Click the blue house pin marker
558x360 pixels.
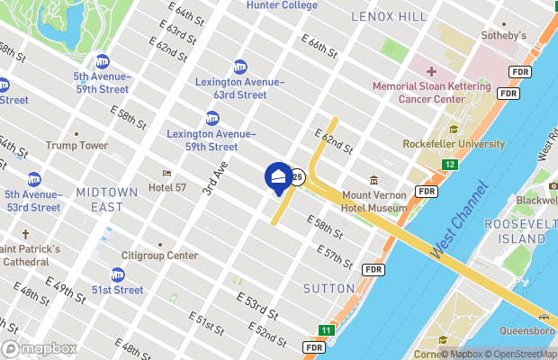coord(278,177)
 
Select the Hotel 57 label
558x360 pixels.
coord(173,187)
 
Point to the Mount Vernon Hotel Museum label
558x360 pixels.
coord(368,201)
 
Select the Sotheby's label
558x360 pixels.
coord(504,35)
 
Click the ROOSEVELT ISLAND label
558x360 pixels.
coord(514,231)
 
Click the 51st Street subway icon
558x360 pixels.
coord(118,274)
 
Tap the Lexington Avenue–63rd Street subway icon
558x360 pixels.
coord(239,67)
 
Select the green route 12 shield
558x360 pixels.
coord(450,165)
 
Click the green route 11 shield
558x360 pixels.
coord(326,331)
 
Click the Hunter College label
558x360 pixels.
coord(282,5)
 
